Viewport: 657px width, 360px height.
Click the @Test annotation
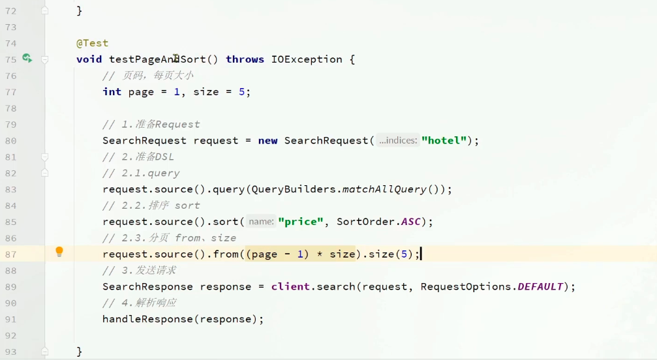92,43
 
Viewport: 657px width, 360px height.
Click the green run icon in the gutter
27,59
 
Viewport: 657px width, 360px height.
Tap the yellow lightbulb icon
59,252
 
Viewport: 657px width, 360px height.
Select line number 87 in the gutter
10,254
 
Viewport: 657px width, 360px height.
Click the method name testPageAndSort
157,59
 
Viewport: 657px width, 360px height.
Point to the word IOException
306,59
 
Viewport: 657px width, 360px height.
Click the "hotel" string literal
444,140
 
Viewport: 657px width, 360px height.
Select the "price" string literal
301,222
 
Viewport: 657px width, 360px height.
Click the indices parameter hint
398,140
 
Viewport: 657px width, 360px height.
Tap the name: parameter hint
261,222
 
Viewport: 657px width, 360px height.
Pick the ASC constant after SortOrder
411,222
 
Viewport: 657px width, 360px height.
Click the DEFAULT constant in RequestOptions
540,287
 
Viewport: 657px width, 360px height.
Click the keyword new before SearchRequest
267,140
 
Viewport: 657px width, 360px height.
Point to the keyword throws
245,59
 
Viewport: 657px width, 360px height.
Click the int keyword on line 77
112,92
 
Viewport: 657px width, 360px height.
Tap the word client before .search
290,287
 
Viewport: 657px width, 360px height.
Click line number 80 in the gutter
10,141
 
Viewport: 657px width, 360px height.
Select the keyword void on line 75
89,59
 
